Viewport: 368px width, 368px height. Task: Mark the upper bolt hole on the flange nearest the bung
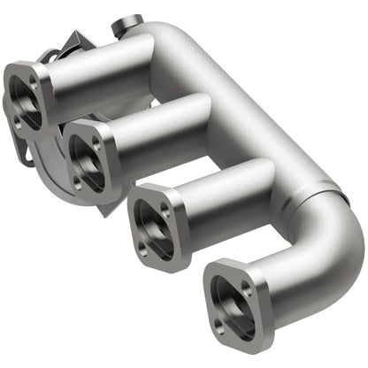[34, 80]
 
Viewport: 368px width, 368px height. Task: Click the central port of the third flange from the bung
[153, 232]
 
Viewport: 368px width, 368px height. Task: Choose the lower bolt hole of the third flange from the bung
[142, 253]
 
